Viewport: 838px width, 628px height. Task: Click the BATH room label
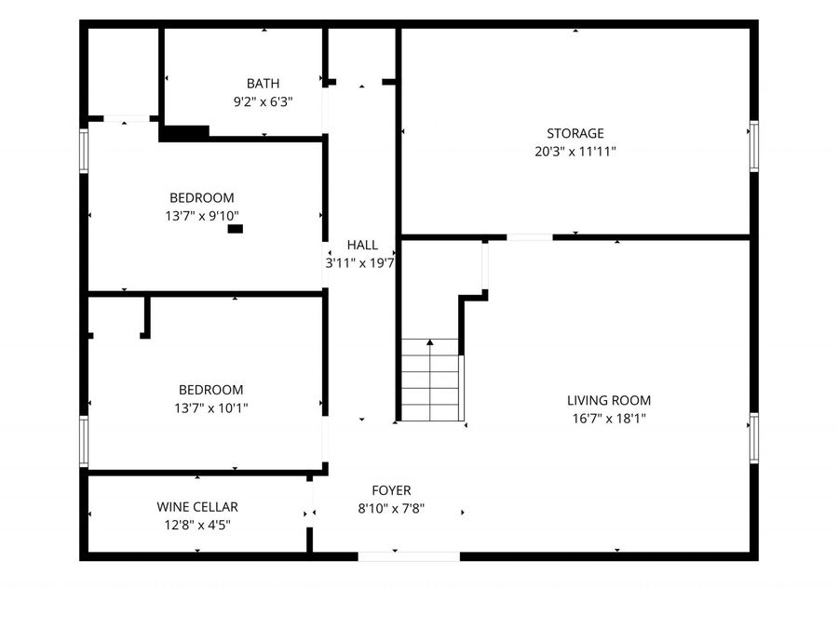point(263,84)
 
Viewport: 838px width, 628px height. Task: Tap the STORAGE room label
point(575,133)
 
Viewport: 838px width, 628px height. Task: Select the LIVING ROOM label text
point(609,400)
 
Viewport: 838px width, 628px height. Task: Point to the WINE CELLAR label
point(197,507)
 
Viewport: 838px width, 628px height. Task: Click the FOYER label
point(391,490)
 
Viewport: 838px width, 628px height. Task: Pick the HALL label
point(362,245)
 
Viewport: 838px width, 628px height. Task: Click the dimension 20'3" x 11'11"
point(575,152)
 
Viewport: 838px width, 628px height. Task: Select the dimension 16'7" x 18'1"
point(609,419)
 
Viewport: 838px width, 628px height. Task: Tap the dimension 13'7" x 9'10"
point(202,216)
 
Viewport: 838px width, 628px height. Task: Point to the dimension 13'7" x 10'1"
point(211,408)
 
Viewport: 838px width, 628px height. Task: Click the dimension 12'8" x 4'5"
point(197,525)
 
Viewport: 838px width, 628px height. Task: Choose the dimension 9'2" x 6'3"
point(263,102)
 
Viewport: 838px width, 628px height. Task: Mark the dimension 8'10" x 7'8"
point(391,508)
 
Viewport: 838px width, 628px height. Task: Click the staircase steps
point(431,380)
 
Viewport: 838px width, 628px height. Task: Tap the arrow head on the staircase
point(430,341)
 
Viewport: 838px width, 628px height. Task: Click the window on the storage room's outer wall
point(754,146)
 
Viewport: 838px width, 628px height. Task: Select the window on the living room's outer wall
point(754,438)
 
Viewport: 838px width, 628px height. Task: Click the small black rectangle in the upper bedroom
point(236,229)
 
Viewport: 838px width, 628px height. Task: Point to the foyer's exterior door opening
point(409,556)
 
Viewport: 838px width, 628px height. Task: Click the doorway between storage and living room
point(530,237)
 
